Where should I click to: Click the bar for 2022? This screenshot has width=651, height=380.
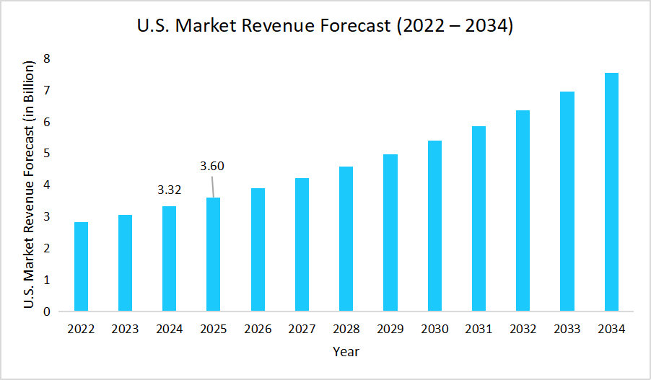tap(81, 267)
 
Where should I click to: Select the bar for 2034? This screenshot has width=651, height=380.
tap(611, 193)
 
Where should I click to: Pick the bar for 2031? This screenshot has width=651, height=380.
tap(479, 219)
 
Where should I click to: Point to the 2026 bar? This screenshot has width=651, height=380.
tap(258, 250)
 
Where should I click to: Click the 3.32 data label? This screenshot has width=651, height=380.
tap(169, 191)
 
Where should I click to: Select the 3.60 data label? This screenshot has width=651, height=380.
tap(212, 167)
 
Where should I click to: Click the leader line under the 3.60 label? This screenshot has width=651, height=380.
tap(212, 186)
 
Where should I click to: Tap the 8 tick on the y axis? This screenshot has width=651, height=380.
tap(47, 58)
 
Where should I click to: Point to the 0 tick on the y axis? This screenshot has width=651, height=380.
tap(47, 312)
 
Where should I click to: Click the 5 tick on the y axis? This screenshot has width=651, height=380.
tap(47, 154)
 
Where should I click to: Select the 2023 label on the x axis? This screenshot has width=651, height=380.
tap(125, 330)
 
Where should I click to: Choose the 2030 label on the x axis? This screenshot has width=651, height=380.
tap(434, 330)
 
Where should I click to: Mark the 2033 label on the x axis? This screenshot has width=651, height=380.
tap(567, 330)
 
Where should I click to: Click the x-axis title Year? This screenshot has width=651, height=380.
tap(346, 352)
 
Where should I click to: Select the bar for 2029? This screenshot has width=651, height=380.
tap(390, 233)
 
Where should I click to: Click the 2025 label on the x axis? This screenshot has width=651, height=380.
tap(214, 330)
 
